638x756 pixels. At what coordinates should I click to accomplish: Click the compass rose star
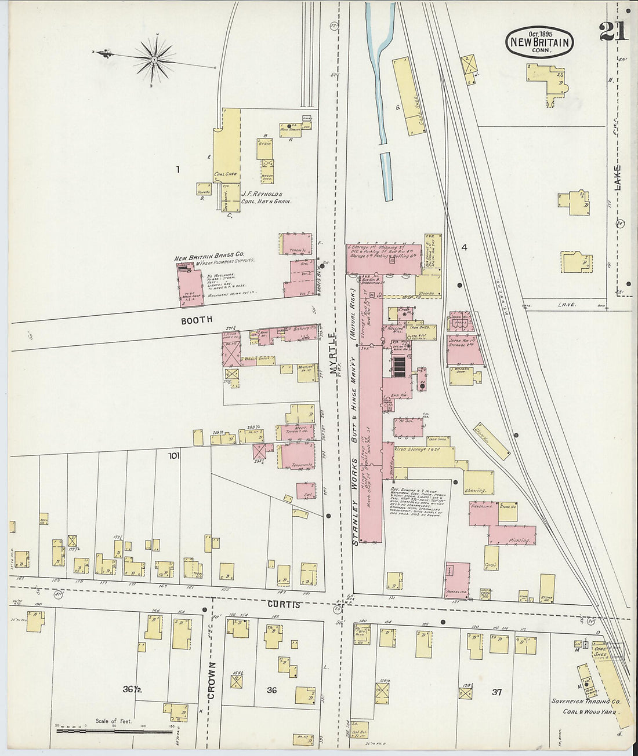point(154,59)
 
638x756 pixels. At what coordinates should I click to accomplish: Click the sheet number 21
point(613,32)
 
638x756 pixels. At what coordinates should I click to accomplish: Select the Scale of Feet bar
point(114,731)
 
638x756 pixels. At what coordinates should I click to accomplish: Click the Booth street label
point(197,319)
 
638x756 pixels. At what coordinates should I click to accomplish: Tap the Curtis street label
point(284,604)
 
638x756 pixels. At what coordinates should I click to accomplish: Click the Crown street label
point(211,680)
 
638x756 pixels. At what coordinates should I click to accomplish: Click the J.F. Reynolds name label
point(262,195)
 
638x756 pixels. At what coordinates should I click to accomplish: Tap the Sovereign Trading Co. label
point(585,702)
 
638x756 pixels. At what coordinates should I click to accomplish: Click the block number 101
point(173,456)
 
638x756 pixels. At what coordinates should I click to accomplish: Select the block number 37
point(496,692)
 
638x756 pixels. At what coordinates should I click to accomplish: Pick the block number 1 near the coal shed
point(178,170)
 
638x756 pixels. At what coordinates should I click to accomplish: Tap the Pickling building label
point(520,540)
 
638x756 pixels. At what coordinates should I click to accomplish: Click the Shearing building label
point(475,491)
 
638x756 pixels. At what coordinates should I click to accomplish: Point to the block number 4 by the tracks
point(464,247)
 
